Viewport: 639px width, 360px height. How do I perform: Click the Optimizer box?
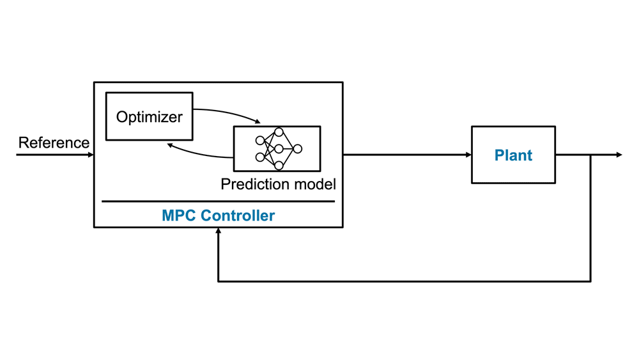click(x=149, y=116)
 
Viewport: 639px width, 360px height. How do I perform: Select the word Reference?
click(x=54, y=143)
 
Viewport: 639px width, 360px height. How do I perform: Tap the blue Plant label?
click(x=513, y=155)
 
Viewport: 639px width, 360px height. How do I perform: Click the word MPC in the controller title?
click(x=179, y=215)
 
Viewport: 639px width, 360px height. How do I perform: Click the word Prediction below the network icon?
click(x=252, y=185)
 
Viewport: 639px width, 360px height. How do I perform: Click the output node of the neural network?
click(x=297, y=149)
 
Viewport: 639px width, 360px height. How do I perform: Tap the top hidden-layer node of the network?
click(x=279, y=132)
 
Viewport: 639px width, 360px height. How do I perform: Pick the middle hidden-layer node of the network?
click(x=279, y=149)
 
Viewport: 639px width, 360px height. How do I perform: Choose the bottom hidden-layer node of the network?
click(x=279, y=166)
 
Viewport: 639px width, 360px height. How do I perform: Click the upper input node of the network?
click(x=260, y=141)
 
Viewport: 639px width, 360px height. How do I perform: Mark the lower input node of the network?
click(x=260, y=157)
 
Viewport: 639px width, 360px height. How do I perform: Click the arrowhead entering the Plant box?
click(x=468, y=155)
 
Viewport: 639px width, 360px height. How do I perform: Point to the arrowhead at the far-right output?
click(x=618, y=155)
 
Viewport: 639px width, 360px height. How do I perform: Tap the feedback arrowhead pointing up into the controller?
click(x=219, y=231)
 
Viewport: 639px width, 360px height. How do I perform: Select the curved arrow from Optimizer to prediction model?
click(x=230, y=113)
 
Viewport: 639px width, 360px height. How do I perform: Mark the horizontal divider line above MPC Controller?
click(x=218, y=201)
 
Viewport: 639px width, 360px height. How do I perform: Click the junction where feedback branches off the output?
click(x=590, y=155)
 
